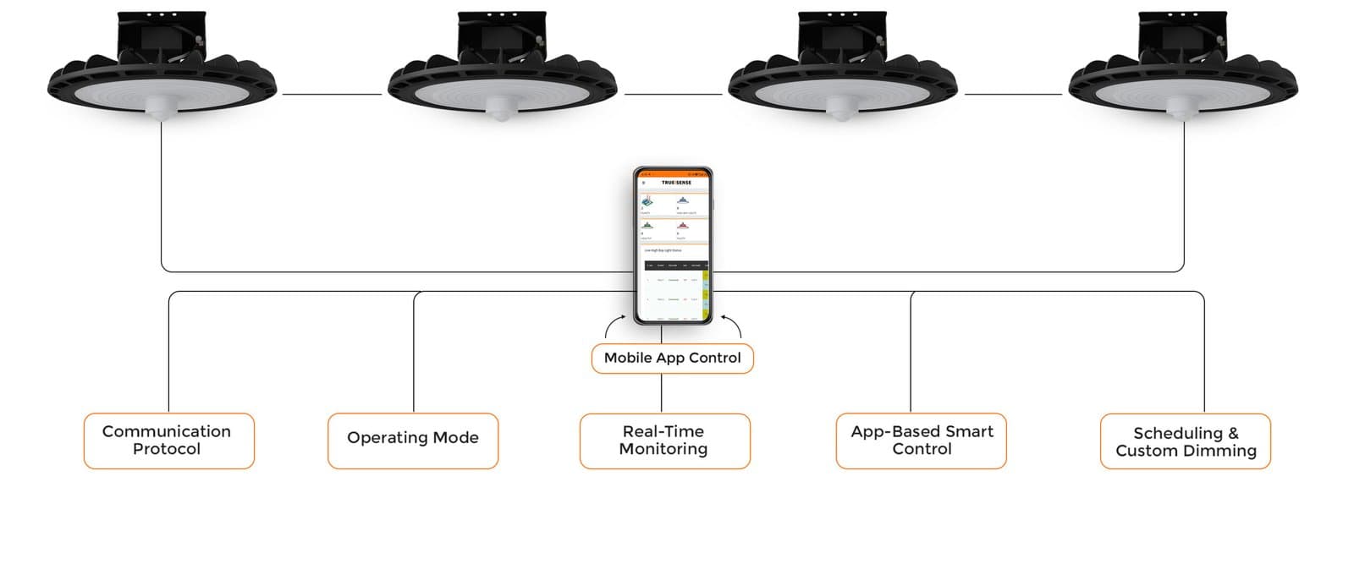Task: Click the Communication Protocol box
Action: (x=168, y=441)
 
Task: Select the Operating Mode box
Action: (x=413, y=441)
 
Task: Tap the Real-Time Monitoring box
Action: (x=664, y=441)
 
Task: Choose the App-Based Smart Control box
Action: (x=921, y=441)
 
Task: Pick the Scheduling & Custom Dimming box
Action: (x=1185, y=441)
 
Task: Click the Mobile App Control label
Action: (x=672, y=358)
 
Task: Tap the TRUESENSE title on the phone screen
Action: (x=676, y=183)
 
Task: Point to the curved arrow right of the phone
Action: (x=733, y=326)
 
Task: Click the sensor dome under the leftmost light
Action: (x=161, y=108)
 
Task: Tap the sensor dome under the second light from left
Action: (x=502, y=111)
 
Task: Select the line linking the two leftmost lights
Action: (x=332, y=95)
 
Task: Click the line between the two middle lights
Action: (x=673, y=95)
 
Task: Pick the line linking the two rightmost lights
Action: (x=1013, y=95)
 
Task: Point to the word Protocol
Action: (x=167, y=449)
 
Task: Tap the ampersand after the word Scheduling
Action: (x=1232, y=433)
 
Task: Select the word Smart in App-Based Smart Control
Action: (x=970, y=431)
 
